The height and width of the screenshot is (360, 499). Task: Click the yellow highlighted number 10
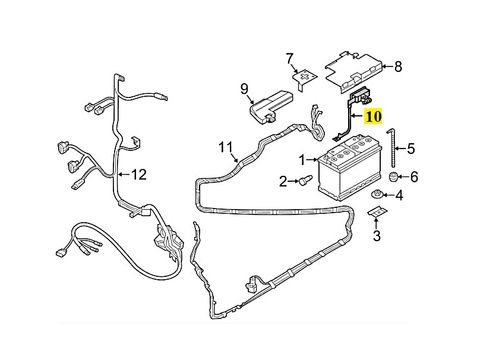(374, 116)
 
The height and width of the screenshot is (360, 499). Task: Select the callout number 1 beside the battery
(302, 160)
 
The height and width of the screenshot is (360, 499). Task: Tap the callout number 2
(283, 181)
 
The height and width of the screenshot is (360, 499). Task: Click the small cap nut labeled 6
(392, 176)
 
